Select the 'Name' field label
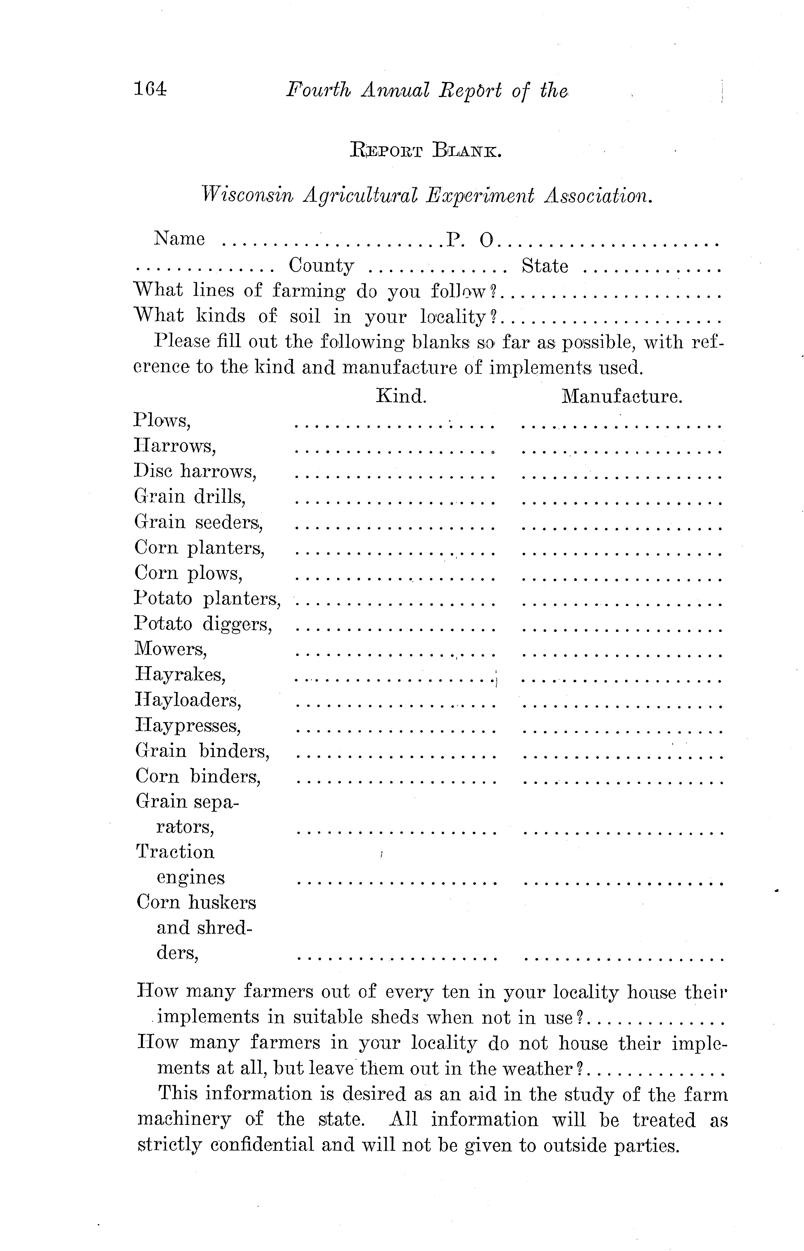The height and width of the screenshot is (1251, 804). tap(179, 239)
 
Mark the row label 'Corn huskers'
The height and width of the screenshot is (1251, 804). tap(196, 902)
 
